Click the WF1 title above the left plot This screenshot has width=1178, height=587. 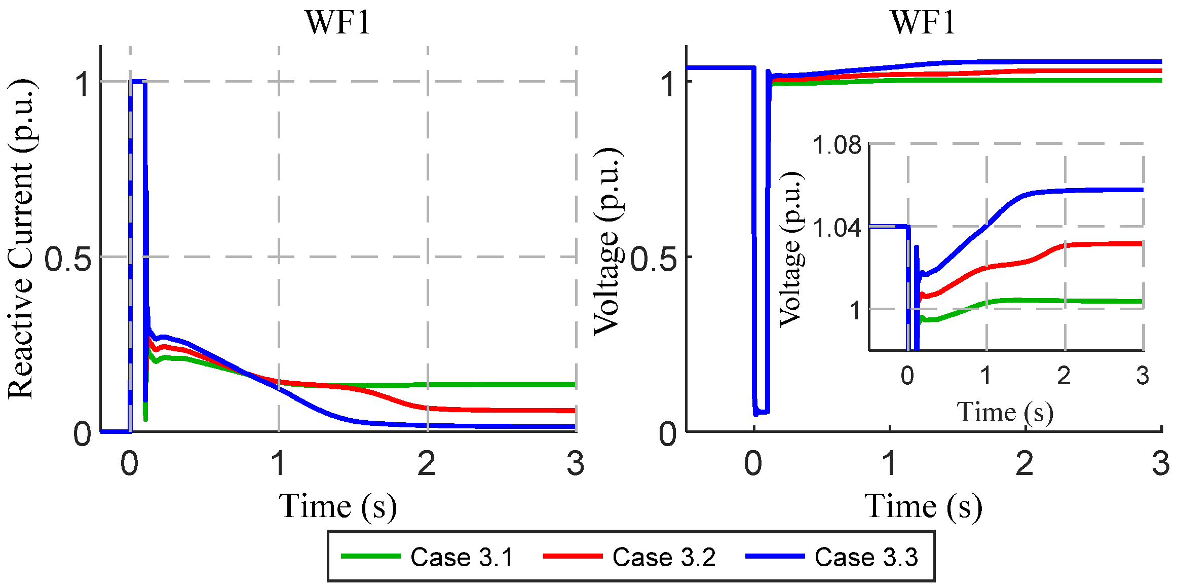338,23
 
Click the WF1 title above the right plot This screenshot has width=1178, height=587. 923,23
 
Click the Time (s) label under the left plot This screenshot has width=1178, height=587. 337,506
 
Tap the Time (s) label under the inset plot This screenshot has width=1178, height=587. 1005,412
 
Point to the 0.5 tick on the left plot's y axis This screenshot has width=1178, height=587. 67,259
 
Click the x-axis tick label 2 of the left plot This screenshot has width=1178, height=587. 427,463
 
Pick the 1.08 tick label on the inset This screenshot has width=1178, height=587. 837,145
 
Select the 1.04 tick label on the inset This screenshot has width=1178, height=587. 837,228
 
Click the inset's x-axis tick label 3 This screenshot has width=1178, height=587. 1142,376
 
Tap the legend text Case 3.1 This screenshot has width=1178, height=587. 462,557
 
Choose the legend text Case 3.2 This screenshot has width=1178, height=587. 664,557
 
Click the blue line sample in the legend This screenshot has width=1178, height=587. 775,556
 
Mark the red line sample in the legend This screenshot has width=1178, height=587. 573,556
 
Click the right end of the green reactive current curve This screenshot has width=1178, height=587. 574,384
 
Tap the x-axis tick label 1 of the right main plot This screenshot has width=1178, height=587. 890,463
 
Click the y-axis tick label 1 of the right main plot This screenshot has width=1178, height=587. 670,84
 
